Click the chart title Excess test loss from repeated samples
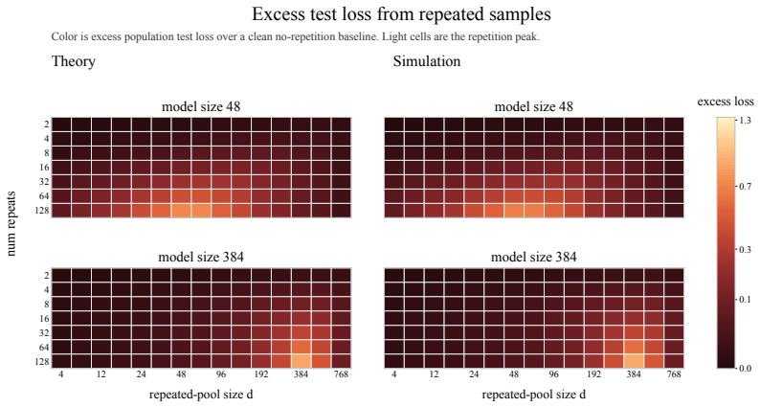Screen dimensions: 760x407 [x=401, y=14]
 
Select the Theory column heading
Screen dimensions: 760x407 [x=73, y=61]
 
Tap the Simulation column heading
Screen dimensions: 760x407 [x=427, y=61]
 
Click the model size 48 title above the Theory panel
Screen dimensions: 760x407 [x=201, y=106]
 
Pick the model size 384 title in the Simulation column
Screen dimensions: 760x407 [x=534, y=257]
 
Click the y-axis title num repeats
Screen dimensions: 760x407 [x=11, y=224]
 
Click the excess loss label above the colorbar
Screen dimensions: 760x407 [x=726, y=102]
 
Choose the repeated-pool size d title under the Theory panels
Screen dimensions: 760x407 [x=201, y=395]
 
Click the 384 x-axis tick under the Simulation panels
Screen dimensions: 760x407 [x=634, y=374]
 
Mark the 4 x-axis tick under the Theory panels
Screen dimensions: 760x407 [x=61, y=374]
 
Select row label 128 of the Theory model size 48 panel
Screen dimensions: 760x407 [x=43, y=211]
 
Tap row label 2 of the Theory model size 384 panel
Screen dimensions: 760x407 [x=47, y=276]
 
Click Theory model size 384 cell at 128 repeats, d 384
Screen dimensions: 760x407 [x=301, y=361]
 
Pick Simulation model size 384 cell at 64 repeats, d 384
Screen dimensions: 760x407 [x=634, y=347]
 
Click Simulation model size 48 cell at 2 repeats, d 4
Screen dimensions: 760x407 [x=394, y=124]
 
